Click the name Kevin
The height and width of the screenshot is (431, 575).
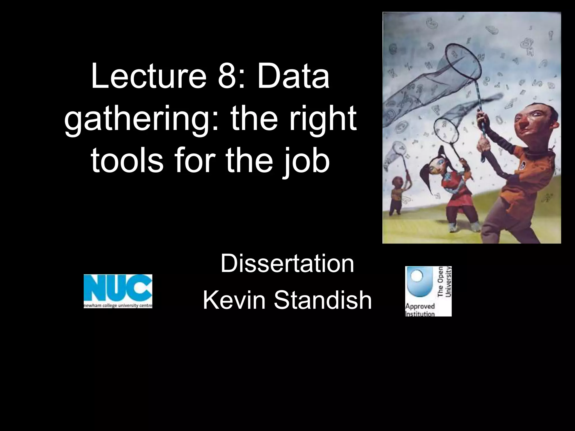pyautogui.click(x=234, y=300)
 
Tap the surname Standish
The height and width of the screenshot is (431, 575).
pyautogui.click(x=323, y=300)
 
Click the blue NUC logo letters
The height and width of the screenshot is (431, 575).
pyautogui.click(x=118, y=288)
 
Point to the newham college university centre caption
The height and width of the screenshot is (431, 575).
pyautogui.click(x=118, y=306)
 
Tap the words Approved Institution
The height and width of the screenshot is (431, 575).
pyautogui.click(x=420, y=310)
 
